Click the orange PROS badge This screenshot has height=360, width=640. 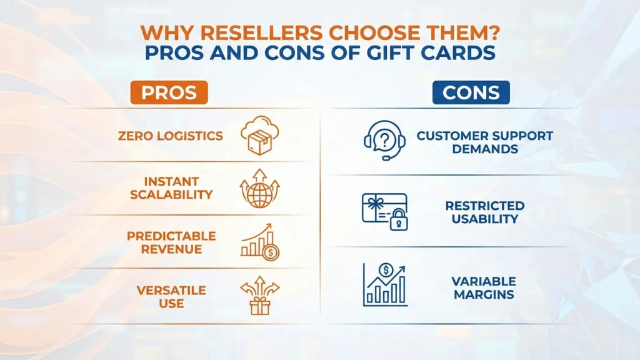coord(169,92)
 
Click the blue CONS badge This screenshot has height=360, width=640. coord(471,92)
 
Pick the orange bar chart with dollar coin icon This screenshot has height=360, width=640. coord(259,242)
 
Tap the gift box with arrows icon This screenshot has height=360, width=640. coord(259,296)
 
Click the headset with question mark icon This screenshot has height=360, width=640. coord(384,141)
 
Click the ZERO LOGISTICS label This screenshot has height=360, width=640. coord(171,136)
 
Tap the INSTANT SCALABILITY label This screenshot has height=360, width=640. coord(171,188)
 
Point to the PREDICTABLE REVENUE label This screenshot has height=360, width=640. coord(171,242)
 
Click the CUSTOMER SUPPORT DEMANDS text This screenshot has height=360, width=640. coord(485,142)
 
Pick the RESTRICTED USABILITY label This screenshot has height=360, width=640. coord(485,212)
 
